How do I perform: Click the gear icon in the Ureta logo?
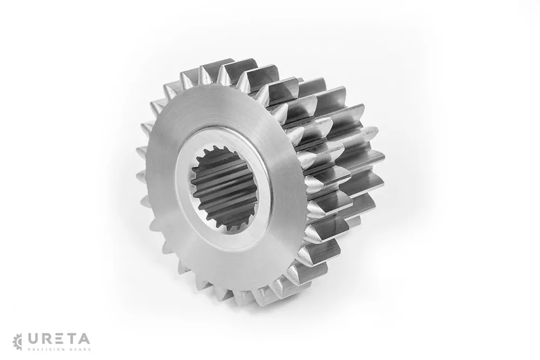(x=17, y=342)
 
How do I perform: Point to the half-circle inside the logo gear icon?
(x=19, y=342)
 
